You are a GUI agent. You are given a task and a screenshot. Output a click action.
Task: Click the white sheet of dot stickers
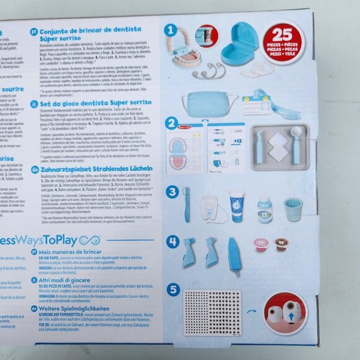coord(213,311)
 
